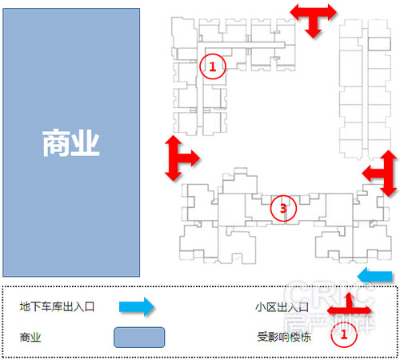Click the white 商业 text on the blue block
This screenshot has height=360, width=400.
coord(71,143)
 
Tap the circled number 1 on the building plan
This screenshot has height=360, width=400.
coord(213,66)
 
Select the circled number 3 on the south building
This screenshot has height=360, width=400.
coord(283,208)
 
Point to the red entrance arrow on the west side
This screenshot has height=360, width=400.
coord(178,158)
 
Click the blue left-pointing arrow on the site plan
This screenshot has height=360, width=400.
coord(374,276)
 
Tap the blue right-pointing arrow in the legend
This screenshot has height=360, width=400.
coord(137,306)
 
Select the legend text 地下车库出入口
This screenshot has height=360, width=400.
coord(57,306)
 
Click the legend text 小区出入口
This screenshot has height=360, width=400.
coord(282,307)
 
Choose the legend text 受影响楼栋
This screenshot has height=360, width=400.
coord(284,337)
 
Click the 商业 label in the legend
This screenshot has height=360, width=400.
coord(30,338)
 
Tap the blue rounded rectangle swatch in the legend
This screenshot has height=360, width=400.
coord(139,338)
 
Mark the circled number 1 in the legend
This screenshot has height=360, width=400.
coord(344,334)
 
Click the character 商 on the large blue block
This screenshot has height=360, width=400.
coord(56,143)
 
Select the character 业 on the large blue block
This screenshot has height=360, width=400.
coord(86,143)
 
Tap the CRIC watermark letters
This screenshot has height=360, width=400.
coord(330,294)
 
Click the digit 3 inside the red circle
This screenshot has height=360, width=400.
coord(283,208)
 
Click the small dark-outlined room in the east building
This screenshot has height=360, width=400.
coord(379,44)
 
